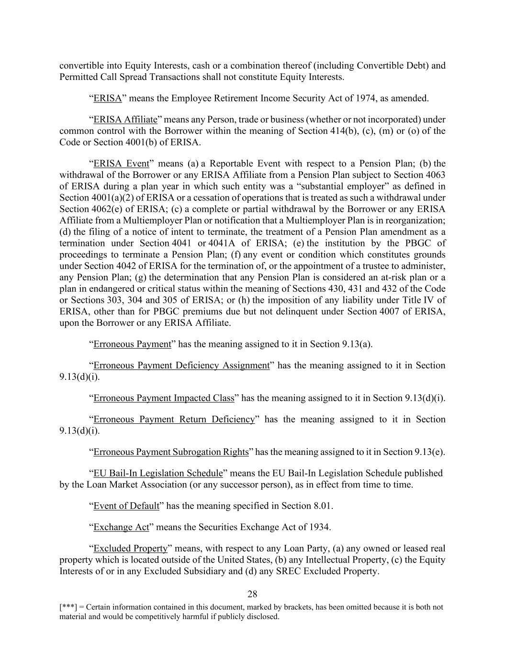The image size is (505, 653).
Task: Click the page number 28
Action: (x=252, y=594)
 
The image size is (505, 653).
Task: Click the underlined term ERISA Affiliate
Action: (x=125, y=119)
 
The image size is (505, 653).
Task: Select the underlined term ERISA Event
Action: (x=122, y=164)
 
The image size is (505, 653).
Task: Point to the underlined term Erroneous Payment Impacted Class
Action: (x=164, y=398)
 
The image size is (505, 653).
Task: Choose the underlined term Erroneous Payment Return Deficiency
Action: (x=174, y=420)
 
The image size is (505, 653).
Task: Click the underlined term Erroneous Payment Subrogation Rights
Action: (x=171, y=452)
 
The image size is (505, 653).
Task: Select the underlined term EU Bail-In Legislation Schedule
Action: (x=158, y=473)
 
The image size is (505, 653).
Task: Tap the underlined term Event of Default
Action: (x=126, y=506)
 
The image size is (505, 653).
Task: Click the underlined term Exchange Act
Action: (x=122, y=527)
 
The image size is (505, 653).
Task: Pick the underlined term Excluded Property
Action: (x=130, y=548)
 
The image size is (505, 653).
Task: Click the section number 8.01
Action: (x=322, y=506)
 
